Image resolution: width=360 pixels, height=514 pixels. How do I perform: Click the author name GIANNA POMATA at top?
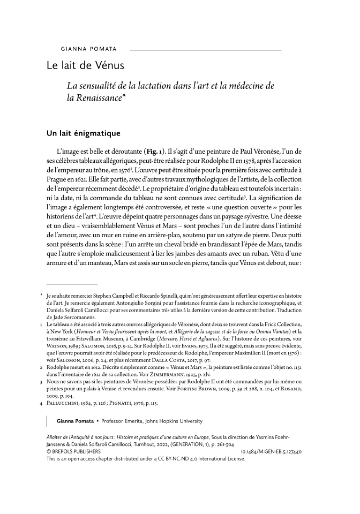pyautogui.click(x=85, y=49)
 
